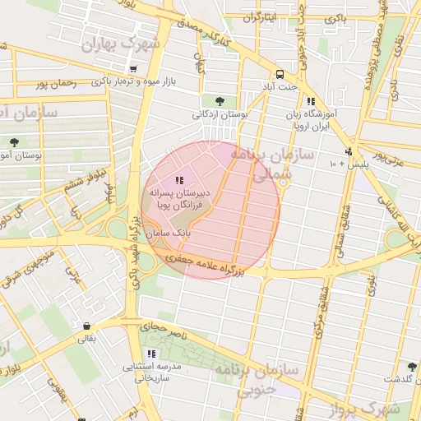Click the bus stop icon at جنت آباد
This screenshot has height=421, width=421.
[280, 73]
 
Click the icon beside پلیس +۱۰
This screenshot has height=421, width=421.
[349, 152]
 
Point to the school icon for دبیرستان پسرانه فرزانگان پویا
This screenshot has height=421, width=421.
[179, 180]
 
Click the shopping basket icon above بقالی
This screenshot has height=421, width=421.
[86, 326]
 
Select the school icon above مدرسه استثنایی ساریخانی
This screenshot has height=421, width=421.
[150, 354]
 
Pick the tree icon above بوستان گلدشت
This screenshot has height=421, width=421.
[412, 367]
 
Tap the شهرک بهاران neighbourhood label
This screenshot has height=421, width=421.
[120, 45]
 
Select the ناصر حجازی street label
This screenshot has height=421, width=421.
[168, 331]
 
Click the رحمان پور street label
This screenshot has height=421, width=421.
[56, 84]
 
